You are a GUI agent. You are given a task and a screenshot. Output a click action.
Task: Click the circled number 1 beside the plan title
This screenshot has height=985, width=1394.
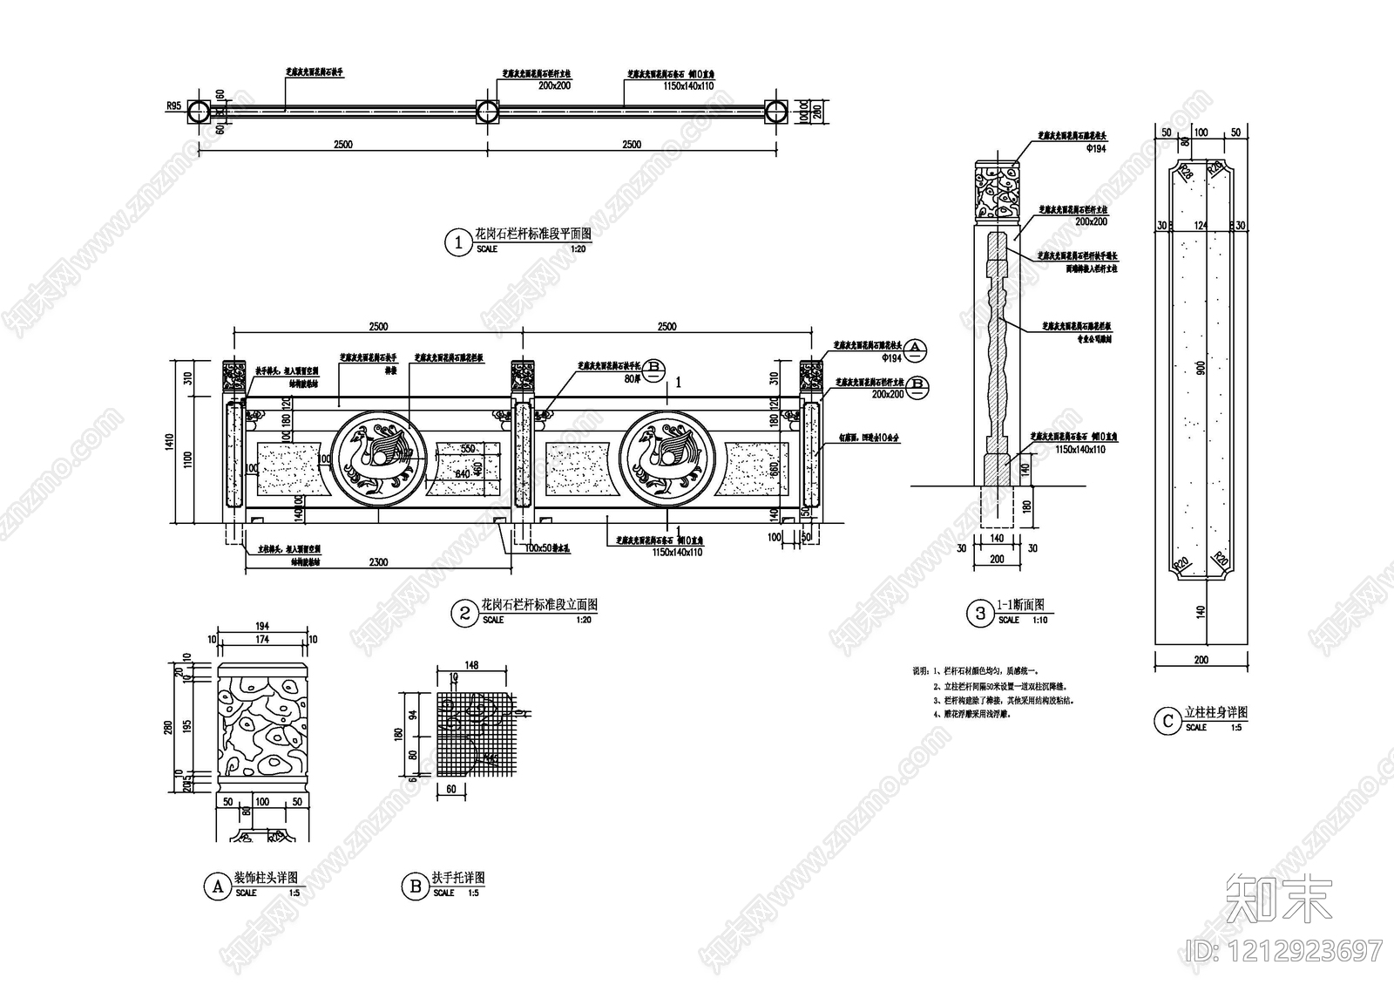[x=458, y=242]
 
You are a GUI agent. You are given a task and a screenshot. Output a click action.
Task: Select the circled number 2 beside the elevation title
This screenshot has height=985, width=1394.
[x=464, y=614]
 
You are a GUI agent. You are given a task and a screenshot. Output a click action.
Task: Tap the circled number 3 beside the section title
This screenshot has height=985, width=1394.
[x=980, y=614]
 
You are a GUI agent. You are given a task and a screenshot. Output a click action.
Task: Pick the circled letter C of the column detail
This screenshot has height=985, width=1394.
[x=1166, y=721]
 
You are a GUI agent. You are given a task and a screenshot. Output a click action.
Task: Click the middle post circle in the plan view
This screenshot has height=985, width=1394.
[x=487, y=111]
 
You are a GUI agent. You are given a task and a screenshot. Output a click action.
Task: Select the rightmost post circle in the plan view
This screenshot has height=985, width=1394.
[x=776, y=111]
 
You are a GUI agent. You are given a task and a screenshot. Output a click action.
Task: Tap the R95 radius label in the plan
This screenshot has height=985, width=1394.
[x=173, y=105]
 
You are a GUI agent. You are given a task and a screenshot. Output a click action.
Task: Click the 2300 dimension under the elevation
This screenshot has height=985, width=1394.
[x=378, y=562]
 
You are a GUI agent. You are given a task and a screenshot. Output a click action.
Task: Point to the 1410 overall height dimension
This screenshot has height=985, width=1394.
[x=173, y=440]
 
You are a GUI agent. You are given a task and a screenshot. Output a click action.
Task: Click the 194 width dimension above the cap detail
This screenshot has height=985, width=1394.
[x=262, y=626]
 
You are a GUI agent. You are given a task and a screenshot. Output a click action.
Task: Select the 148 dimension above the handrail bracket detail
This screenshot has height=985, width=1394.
[x=471, y=665]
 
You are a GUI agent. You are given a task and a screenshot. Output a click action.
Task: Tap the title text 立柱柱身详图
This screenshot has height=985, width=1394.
[x=1216, y=713]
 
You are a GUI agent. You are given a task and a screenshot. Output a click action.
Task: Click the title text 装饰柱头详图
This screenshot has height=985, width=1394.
[x=267, y=878]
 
